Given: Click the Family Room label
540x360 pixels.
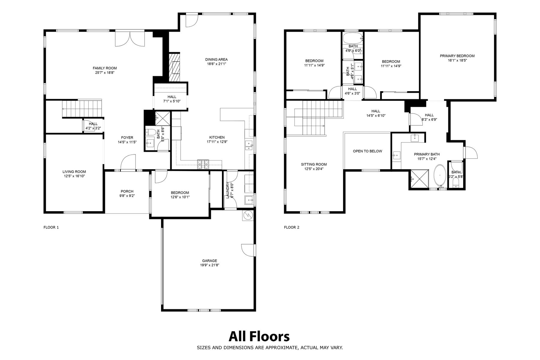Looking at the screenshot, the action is click(x=105, y=68).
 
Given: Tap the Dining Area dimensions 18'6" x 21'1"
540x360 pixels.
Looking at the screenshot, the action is click(x=216, y=64).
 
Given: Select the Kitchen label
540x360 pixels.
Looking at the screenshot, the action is click(x=217, y=138).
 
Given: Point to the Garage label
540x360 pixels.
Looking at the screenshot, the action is click(x=209, y=261).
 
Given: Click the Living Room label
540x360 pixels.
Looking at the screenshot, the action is click(x=74, y=172).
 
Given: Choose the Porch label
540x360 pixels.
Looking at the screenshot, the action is click(x=127, y=191).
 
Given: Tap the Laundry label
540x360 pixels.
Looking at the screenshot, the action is click(x=227, y=190).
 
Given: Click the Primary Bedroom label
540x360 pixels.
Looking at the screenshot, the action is click(x=457, y=56).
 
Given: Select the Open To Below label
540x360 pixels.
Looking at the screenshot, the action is click(x=367, y=151).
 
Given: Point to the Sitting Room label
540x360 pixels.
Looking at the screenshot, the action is click(x=314, y=164).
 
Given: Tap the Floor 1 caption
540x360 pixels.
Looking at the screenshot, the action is click(x=51, y=227).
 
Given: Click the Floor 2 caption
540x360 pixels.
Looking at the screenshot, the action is click(x=292, y=227).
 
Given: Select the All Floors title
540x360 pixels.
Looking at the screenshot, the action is click(x=259, y=337).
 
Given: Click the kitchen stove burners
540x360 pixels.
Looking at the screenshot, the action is click(x=203, y=164).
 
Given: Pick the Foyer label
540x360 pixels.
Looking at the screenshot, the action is click(x=127, y=138).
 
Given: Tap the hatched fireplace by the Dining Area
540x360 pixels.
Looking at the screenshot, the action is click(x=174, y=67).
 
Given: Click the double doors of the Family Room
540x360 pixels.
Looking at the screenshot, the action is click(x=130, y=39).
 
